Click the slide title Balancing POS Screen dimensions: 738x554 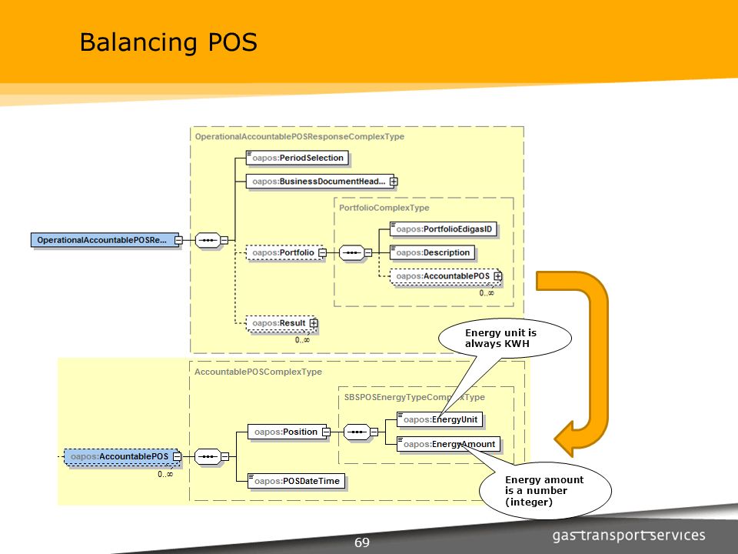[x=168, y=42]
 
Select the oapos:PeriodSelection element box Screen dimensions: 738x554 [x=298, y=158]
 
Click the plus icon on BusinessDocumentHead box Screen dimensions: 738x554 [x=394, y=182]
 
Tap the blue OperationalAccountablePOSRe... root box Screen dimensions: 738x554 [x=105, y=240]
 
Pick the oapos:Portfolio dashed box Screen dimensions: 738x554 [x=284, y=252]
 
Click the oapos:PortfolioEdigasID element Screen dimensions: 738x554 [x=444, y=229]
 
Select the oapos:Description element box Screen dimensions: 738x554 [x=432, y=252]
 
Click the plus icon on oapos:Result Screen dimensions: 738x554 [x=314, y=323]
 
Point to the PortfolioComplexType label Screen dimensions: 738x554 [x=384, y=208]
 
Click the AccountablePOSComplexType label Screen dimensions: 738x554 [x=258, y=372]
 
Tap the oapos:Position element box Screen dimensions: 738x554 [x=287, y=432]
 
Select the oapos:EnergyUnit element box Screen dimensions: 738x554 [x=440, y=420]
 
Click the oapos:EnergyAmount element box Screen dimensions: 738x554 [x=448, y=444]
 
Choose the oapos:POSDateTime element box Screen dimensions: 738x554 [x=297, y=481]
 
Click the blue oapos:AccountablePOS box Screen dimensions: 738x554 [x=121, y=456]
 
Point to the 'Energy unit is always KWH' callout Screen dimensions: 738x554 [x=504, y=338]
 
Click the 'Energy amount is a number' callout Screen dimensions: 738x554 [x=545, y=490]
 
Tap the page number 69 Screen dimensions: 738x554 [x=362, y=542]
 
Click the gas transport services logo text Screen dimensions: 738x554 [x=629, y=536]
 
